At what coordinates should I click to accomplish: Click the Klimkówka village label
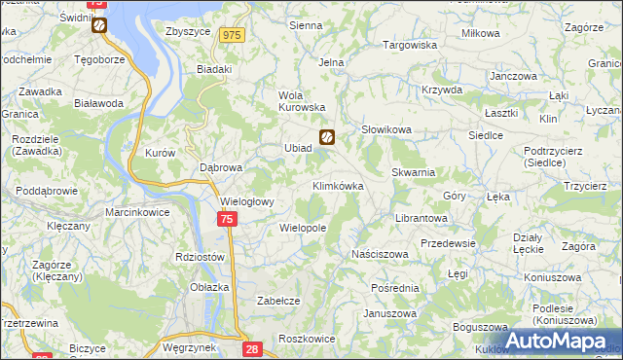pyautogui.click(x=338, y=185)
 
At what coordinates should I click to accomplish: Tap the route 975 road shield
pyautogui.click(x=231, y=35)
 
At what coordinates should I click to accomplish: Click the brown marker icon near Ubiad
pyautogui.click(x=328, y=137)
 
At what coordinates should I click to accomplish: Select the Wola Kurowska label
pyautogui.click(x=301, y=101)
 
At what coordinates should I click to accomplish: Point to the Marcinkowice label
pyautogui.click(x=138, y=212)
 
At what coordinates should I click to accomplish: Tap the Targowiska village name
pyautogui.click(x=410, y=45)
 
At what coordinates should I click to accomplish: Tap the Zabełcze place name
pyautogui.click(x=277, y=301)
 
